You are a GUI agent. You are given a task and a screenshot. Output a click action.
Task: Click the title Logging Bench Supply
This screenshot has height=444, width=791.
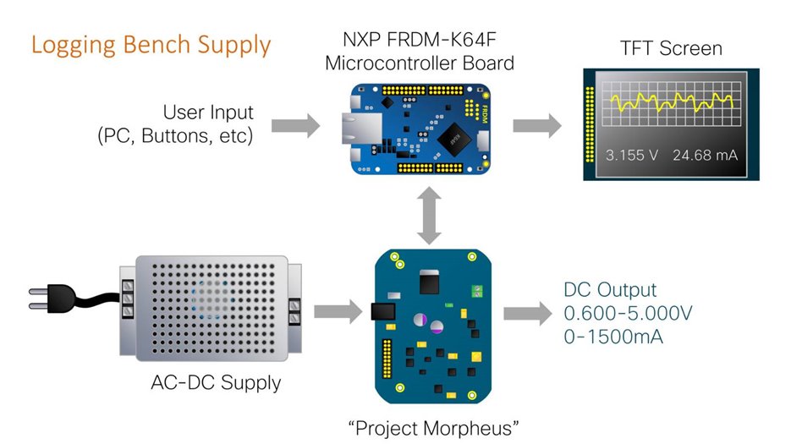(x=151, y=44)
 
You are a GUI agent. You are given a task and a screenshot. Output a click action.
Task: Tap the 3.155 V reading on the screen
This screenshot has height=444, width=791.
(x=632, y=155)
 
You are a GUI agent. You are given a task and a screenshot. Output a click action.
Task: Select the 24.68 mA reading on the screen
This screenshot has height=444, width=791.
(x=706, y=155)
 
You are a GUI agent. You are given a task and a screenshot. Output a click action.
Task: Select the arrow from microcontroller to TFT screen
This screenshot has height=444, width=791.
(x=537, y=127)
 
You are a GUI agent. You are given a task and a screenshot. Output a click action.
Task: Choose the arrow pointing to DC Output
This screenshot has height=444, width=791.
(x=528, y=314)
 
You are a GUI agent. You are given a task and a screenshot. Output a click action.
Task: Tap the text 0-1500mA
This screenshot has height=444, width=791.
(x=613, y=337)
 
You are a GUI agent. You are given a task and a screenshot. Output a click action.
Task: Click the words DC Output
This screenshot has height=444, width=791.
(x=609, y=290)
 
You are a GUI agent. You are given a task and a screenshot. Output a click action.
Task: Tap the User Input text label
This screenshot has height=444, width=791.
(x=209, y=112)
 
